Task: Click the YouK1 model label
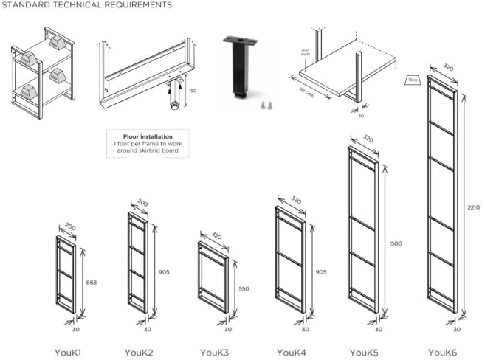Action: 67,353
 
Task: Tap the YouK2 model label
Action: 139,353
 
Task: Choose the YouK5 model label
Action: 365,353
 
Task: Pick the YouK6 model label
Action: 441,353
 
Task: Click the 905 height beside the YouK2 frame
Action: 163,272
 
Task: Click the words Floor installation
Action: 147,137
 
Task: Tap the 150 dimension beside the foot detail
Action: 193,91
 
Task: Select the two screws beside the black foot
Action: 264,106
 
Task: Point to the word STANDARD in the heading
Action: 24,5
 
